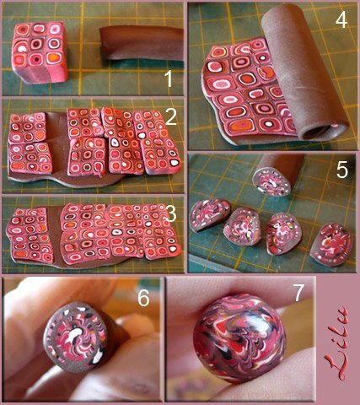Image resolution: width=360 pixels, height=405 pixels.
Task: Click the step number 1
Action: (x=169, y=78)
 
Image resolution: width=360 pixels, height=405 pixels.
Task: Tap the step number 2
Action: (x=170, y=116)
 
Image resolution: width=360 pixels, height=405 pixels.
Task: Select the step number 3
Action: (x=171, y=213)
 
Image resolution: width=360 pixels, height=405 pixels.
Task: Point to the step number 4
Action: (x=341, y=19)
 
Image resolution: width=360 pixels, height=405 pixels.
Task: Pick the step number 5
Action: (x=342, y=170)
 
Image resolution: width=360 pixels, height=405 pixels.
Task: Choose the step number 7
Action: (x=298, y=293)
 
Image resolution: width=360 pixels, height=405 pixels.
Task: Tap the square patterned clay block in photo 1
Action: (x=40, y=51)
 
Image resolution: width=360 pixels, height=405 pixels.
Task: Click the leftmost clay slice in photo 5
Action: (x=209, y=215)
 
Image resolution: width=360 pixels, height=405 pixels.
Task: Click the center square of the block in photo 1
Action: (x=37, y=44)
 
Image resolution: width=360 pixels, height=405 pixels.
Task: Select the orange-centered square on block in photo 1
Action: (x=55, y=57)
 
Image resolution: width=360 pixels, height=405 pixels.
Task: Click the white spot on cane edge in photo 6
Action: (x=98, y=357)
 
